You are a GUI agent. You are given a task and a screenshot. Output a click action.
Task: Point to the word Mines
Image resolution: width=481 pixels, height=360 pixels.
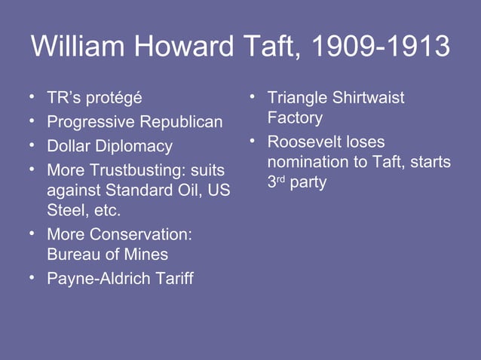[x=146, y=255]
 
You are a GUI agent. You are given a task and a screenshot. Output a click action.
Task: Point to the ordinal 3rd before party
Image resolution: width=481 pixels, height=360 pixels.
[x=276, y=182]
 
